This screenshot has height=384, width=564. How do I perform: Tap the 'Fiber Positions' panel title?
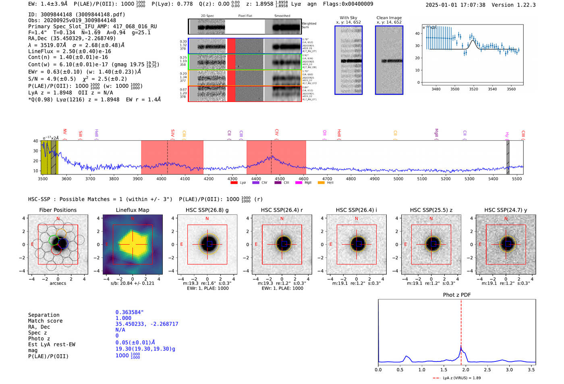click(58, 210)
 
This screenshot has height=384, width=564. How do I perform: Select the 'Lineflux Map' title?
click(132, 210)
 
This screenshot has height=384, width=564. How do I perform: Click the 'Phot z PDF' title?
click(457, 295)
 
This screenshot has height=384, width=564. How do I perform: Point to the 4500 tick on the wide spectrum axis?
click(280, 179)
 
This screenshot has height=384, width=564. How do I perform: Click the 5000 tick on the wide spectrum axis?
click(398, 179)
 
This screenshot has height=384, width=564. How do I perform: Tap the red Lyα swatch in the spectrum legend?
click(234, 183)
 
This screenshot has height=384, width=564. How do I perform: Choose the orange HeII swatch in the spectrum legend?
click(321, 183)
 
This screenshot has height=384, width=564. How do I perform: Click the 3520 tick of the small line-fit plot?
click(473, 89)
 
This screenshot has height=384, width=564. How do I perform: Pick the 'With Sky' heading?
click(348, 18)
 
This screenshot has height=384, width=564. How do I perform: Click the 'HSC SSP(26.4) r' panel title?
click(282, 210)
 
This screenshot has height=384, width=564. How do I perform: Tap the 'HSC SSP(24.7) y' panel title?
click(506, 210)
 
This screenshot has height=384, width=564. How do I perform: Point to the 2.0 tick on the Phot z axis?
click(465, 369)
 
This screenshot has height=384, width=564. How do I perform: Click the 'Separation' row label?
click(44, 315)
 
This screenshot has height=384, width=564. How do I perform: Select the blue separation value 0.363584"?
click(129, 312)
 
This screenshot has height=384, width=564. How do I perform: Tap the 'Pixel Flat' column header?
click(245, 16)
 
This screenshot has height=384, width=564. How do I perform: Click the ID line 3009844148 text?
click(77, 15)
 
